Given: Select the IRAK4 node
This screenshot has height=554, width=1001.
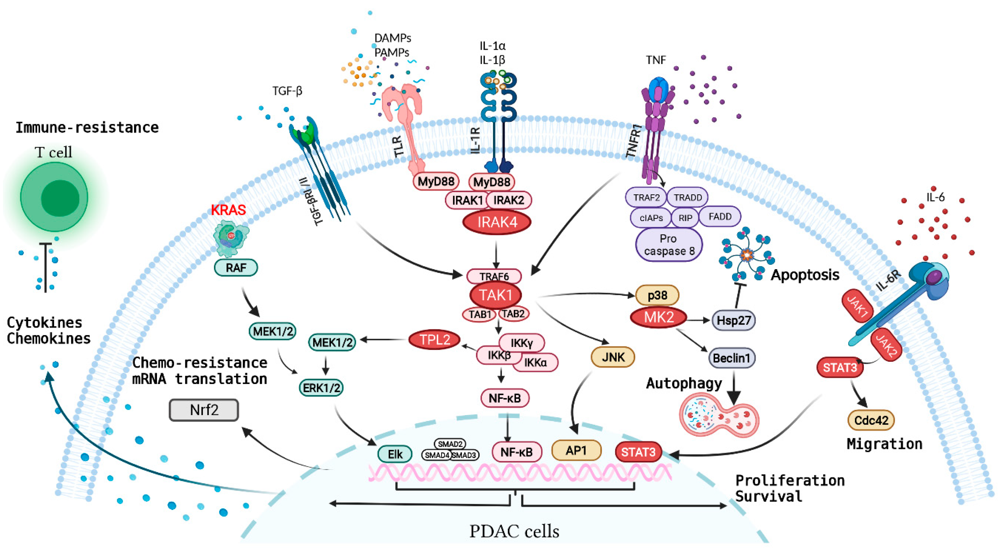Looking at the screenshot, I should [497, 222].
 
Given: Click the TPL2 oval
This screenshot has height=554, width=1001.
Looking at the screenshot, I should [434, 340].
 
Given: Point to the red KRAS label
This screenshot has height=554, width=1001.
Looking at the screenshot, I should [228, 210].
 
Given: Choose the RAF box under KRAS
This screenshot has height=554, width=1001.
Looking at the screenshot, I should [236, 268].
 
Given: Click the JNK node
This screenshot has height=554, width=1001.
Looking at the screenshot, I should [613, 357].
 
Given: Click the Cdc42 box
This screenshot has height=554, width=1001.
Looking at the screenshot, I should [871, 420].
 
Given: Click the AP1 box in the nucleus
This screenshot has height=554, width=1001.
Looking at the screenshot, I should [576, 451].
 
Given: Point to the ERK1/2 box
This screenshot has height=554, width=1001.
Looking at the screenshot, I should [321, 388].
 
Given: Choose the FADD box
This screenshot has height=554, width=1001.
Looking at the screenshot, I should [720, 217].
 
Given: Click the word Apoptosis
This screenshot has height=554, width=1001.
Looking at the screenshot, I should [805, 275].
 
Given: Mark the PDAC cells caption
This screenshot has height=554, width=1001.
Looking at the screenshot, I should [514, 531].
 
